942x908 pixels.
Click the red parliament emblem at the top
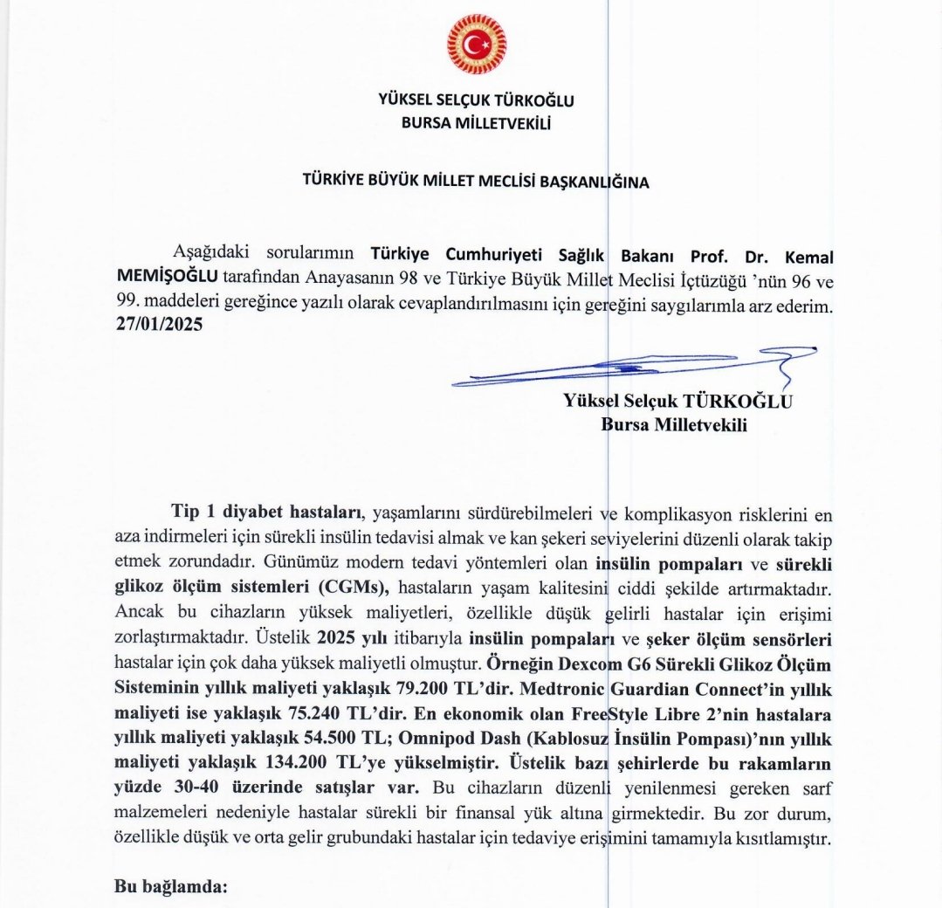(476, 44)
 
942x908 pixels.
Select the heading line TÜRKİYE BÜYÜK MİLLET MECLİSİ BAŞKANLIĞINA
(476, 182)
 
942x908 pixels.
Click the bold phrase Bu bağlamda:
(171, 887)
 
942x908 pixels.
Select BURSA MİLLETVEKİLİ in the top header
(476, 123)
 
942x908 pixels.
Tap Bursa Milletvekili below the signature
(675, 425)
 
